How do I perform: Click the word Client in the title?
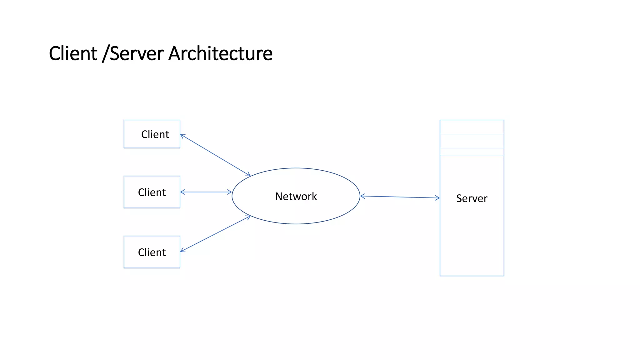point(73,53)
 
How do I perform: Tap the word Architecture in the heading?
point(220,53)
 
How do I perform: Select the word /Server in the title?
point(133,53)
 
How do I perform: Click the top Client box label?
point(155,134)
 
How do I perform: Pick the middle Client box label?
point(152,192)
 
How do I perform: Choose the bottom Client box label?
point(152,252)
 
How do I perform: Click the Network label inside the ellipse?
point(296,197)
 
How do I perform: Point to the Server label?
point(472,198)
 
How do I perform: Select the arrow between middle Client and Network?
point(206,192)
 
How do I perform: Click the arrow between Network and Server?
point(400,197)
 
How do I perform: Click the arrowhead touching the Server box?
point(438,198)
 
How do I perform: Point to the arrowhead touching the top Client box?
point(182,135)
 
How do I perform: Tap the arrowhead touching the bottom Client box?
point(182,250)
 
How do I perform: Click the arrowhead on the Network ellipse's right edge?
point(362,196)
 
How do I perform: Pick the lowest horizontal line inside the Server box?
point(472,155)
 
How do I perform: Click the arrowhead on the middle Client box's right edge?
point(182,192)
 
